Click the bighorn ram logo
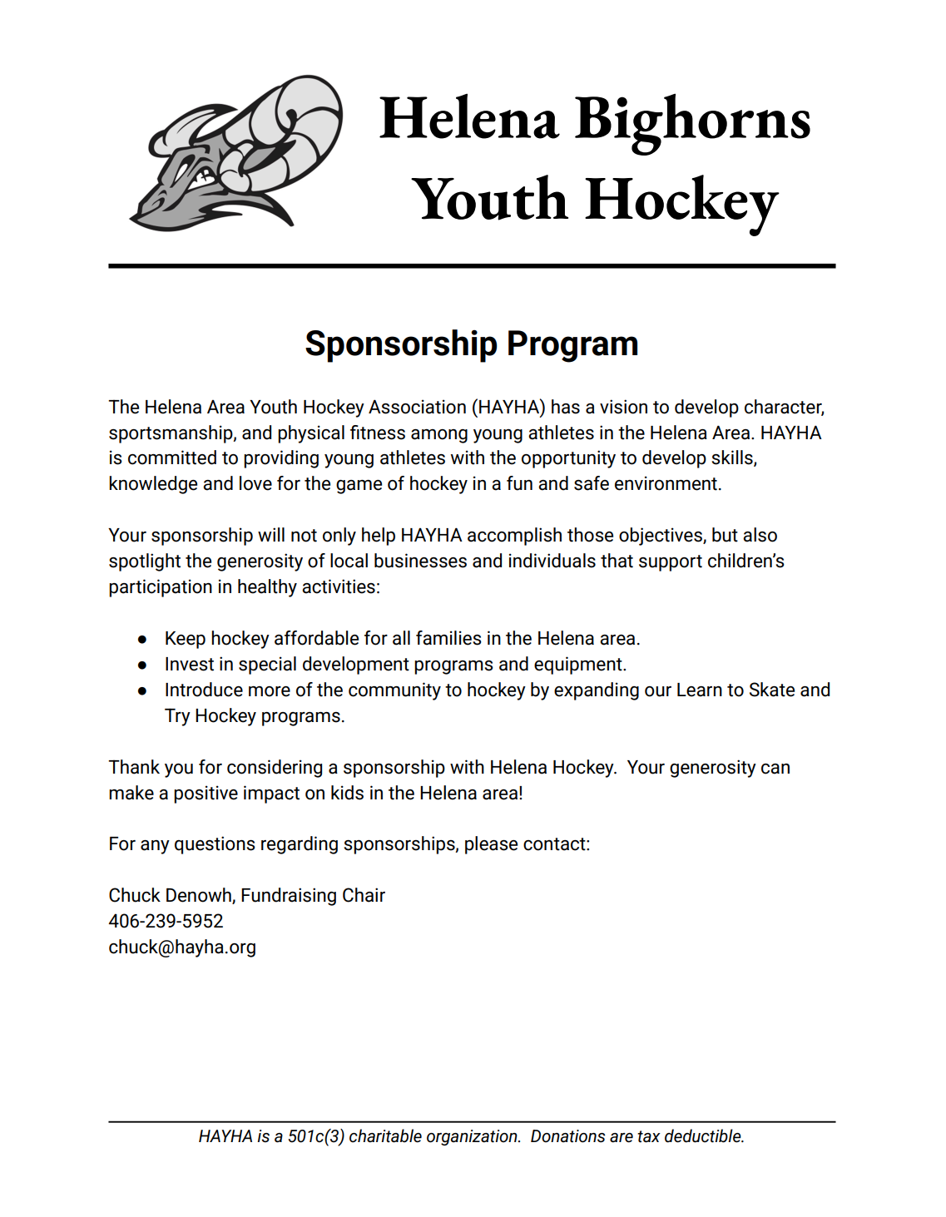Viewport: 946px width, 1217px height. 236,154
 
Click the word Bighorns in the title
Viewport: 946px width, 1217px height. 692,120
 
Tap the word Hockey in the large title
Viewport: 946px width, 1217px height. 681,201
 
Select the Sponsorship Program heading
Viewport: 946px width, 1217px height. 472,344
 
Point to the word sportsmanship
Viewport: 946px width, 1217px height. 171,433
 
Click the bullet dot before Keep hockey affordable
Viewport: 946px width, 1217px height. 143,640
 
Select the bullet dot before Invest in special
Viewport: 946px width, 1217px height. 143,665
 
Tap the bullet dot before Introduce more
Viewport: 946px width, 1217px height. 143,691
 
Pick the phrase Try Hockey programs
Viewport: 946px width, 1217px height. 254,716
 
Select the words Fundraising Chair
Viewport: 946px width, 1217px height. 313,896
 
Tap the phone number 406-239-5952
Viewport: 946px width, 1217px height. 166,922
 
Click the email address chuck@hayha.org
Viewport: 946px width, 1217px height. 182,947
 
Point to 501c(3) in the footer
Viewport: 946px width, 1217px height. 316,1137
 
